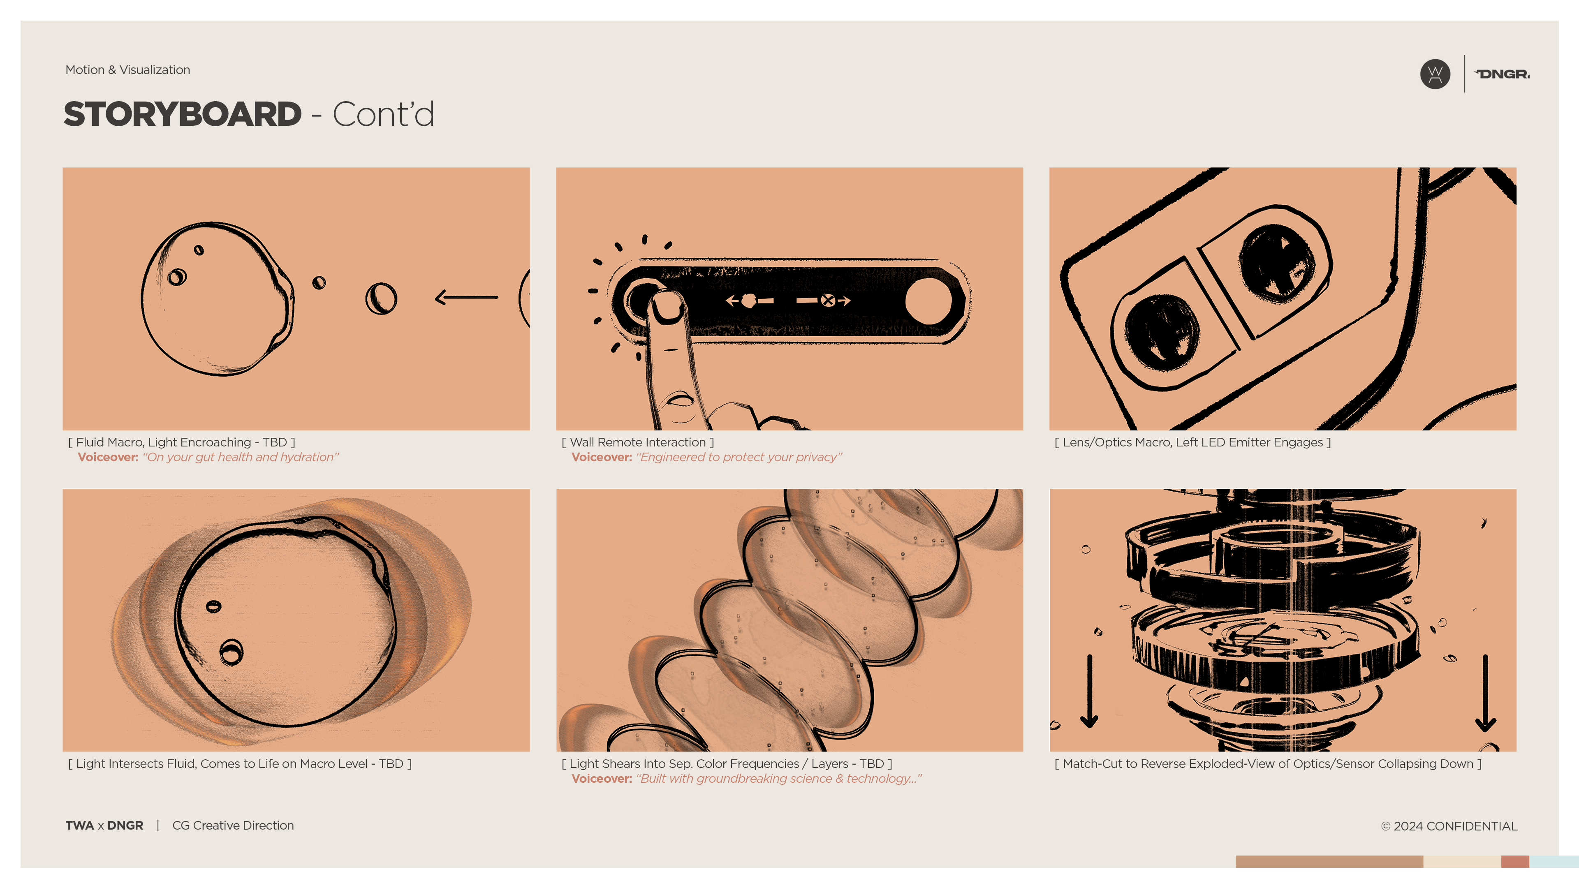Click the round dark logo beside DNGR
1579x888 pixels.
point(1435,74)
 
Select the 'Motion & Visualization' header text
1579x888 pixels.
point(127,70)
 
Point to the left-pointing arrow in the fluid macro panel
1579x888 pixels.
point(466,298)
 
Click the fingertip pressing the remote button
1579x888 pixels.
point(667,305)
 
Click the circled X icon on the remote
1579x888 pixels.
point(827,300)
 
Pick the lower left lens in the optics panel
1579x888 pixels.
point(1161,333)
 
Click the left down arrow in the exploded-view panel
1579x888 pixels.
point(1089,691)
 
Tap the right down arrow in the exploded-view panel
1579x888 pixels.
point(1485,692)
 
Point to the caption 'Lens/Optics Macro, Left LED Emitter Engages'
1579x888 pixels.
point(1192,442)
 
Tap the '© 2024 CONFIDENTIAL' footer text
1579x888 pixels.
point(1449,826)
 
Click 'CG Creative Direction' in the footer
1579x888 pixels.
point(233,826)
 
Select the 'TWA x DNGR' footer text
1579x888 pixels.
point(104,826)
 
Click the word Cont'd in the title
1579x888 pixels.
point(383,115)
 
